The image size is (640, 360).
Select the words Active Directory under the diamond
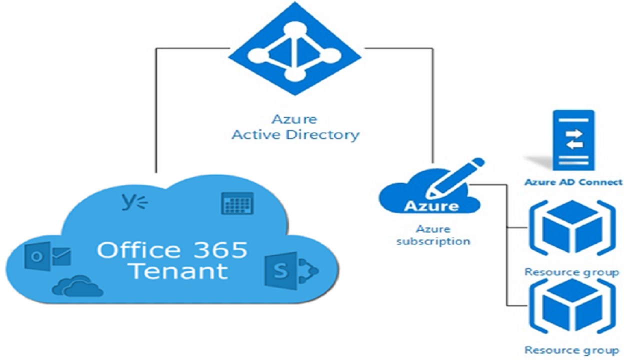[x=295, y=135]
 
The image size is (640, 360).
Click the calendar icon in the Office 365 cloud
[x=237, y=203]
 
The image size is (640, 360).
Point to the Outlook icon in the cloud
[x=47, y=255]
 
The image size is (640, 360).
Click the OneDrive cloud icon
[x=78, y=285]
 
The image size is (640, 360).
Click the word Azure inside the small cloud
[x=431, y=206]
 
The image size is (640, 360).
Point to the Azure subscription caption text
[x=433, y=235]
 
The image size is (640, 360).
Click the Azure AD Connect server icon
[x=573, y=140]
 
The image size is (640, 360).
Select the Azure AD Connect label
[x=573, y=182]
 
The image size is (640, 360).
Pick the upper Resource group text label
[x=571, y=272]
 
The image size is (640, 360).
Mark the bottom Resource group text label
[x=571, y=350]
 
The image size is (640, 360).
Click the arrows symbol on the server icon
[x=573, y=139]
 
